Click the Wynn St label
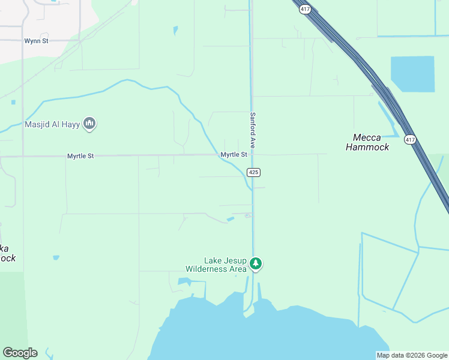[36, 41]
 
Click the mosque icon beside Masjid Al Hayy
[90, 124]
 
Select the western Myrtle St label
[80, 156]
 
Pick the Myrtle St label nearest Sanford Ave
[234, 155]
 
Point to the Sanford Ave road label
[253, 130]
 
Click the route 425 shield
[253, 172]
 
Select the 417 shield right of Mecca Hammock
[410, 140]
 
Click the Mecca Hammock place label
[367, 142]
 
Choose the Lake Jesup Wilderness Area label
[225, 265]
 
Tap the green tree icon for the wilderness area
[256, 263]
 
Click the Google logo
[20, 353]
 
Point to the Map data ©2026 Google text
[412, 355]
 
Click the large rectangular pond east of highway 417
[412, 74]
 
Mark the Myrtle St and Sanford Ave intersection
[252, 155]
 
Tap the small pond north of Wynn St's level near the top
[175, 30]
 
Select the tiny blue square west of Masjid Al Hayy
[13, 102]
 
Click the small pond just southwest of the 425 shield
[231, 219]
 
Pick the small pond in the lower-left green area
[56, 258]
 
